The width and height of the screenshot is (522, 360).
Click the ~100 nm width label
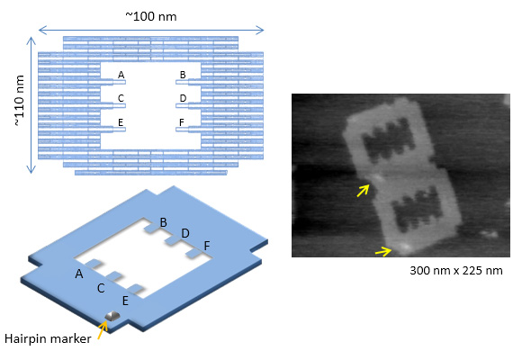point(151,16)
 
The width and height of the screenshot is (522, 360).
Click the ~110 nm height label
point(20,101)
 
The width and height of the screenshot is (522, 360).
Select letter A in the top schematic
point(121,75)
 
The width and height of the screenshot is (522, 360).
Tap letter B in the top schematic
point(183,75)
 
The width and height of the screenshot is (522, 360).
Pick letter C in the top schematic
point(121,98)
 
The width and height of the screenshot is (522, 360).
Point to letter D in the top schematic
point(183,98)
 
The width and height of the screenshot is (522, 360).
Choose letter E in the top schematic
point(121,122)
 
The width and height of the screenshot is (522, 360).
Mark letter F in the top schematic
point(182,122)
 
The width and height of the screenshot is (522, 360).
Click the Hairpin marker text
point(48,339)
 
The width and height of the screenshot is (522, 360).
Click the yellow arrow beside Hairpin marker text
point(103,330)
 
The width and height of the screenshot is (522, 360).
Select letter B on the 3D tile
point(163,222)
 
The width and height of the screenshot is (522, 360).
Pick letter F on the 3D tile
point(207,246)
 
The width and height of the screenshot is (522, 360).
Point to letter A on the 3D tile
point(79,274)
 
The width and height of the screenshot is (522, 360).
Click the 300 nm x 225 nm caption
point(456,270)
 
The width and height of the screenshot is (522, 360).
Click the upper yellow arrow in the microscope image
point(364,191)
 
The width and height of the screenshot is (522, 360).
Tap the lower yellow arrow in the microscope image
point(383,251)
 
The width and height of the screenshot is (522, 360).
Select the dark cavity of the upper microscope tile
point(389,139)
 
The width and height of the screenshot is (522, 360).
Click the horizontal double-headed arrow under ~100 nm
point(151,31)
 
